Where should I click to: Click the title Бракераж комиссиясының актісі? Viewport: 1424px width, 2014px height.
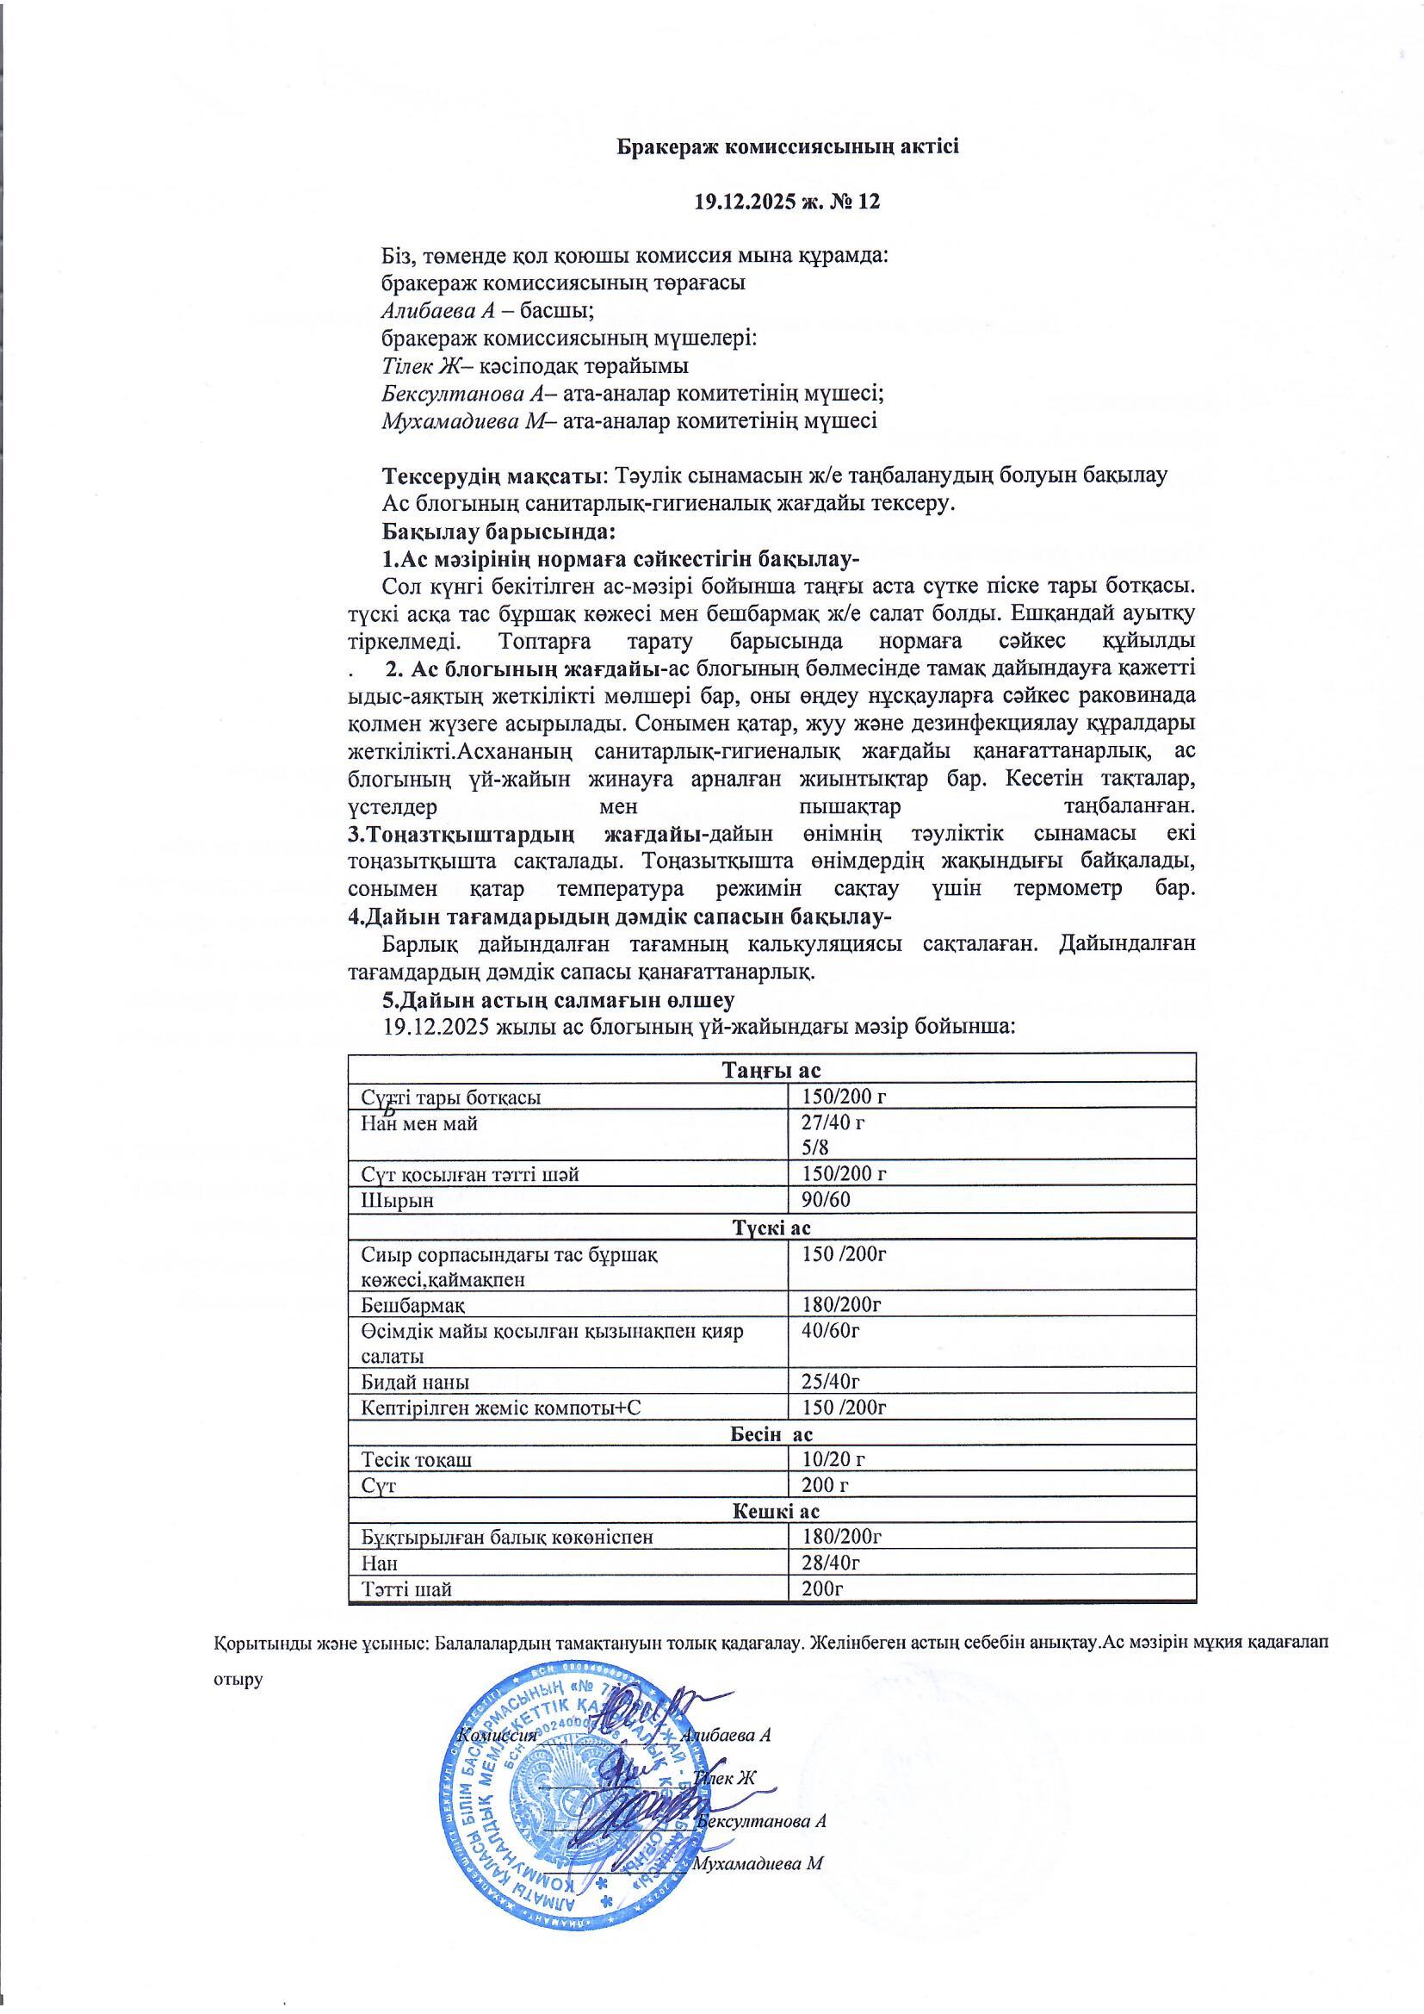tap(787, 146)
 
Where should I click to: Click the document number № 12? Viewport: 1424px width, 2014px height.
tap(856, 202)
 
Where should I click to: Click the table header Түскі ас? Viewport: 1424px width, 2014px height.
tap(771, 1228)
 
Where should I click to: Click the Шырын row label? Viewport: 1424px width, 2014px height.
tap(397, 1200)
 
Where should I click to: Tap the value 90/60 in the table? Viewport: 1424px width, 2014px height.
tap(826, 1200)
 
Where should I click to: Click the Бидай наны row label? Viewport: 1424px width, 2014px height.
tap(415, 1383)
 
